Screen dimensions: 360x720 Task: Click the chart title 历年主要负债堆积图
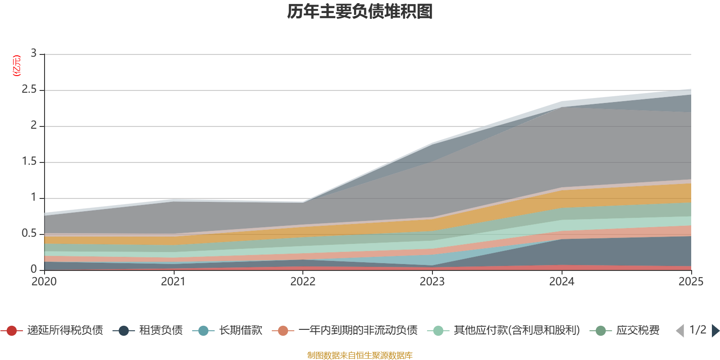tap(360, 12)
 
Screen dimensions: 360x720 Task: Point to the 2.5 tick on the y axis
tap(29, 90)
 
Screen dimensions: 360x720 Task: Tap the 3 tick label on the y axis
tap(33, 54)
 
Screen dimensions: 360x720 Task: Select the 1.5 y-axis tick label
tap(29, 162)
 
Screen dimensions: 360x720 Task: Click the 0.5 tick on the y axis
tap(29, 234)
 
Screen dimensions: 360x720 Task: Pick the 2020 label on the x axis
tap(44, 282)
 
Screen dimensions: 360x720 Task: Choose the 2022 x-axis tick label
tap(303, 282)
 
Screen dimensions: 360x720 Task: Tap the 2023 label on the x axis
tap(432, 282)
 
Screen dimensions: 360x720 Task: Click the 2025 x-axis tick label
tap(691, 282)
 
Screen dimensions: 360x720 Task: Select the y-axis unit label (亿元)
tap(17, 66)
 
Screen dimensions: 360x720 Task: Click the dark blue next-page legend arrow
tap(715, 331)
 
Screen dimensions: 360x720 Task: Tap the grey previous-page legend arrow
tap(680, 331)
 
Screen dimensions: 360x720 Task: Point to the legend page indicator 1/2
tap(697, 330)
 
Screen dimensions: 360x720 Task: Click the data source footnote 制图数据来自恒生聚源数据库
tap(360, 355)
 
